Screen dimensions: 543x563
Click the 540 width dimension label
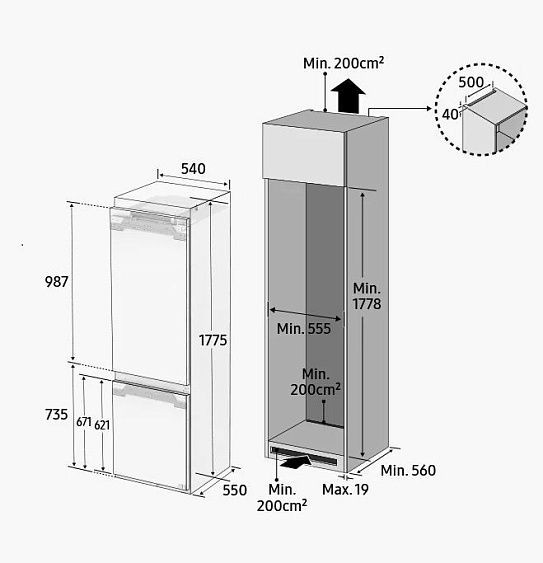pos(193,168)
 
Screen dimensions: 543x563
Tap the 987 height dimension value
pos(56,282)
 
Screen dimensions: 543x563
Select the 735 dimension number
pos(56,414)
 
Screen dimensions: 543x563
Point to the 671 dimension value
pos(84,422)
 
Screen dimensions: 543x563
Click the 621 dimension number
pos(102,425)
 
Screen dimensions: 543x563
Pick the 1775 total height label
pos(213,340)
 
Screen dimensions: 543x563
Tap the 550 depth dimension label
pos(235,490)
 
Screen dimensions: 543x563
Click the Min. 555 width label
pos(304,329)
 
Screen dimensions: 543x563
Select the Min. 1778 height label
pos(367,296)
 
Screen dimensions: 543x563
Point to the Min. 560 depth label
pos(408,470)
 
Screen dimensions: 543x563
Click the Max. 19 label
pos(345,489)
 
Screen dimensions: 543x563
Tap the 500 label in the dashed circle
pos(471,82)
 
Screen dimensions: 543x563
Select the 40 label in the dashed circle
pos(450,115)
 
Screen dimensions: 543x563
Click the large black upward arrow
pos(348,96)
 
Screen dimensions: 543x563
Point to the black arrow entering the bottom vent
pos(297,462)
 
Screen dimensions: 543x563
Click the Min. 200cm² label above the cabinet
pos(344,63)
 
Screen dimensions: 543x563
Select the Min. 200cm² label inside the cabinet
pos(316,382)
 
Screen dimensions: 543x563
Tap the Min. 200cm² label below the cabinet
pos(282,498)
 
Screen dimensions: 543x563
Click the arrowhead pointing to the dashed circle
pos(428,108)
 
